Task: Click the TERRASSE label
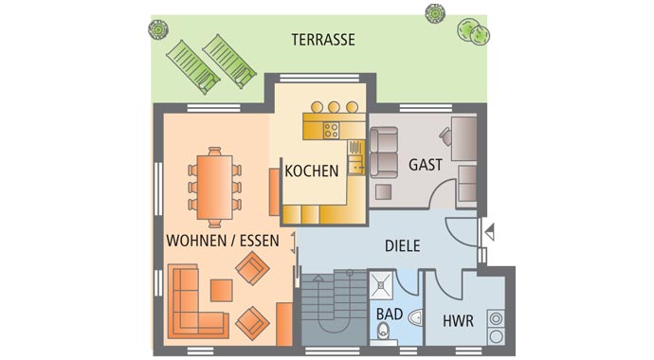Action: [322, 40]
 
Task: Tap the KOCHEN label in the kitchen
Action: [312, 171]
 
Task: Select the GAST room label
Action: [426, 164]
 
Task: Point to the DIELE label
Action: [402, 245]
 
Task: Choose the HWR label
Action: [458, 320]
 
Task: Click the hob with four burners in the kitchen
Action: [333, 130]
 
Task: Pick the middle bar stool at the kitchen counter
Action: [334, 107]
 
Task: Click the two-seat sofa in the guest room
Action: [383, 153]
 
